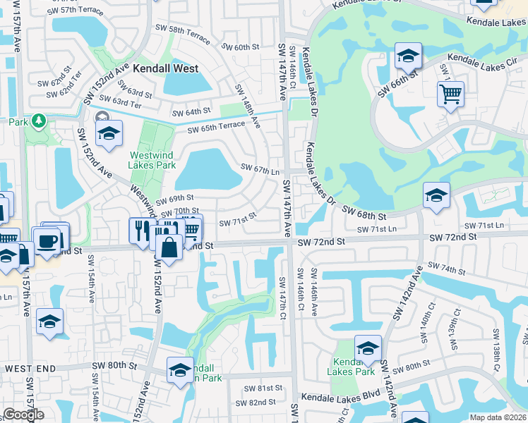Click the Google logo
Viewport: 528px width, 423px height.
click(23, 415)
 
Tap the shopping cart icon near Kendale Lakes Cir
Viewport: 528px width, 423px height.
click(450, 93)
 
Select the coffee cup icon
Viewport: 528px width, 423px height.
click(48, 240)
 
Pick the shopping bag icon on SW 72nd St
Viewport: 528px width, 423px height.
click(169, 247)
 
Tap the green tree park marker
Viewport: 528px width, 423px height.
click(37, 121)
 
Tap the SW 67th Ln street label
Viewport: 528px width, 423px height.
click(261, 168)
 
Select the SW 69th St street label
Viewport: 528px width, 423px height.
click(175, 199)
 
